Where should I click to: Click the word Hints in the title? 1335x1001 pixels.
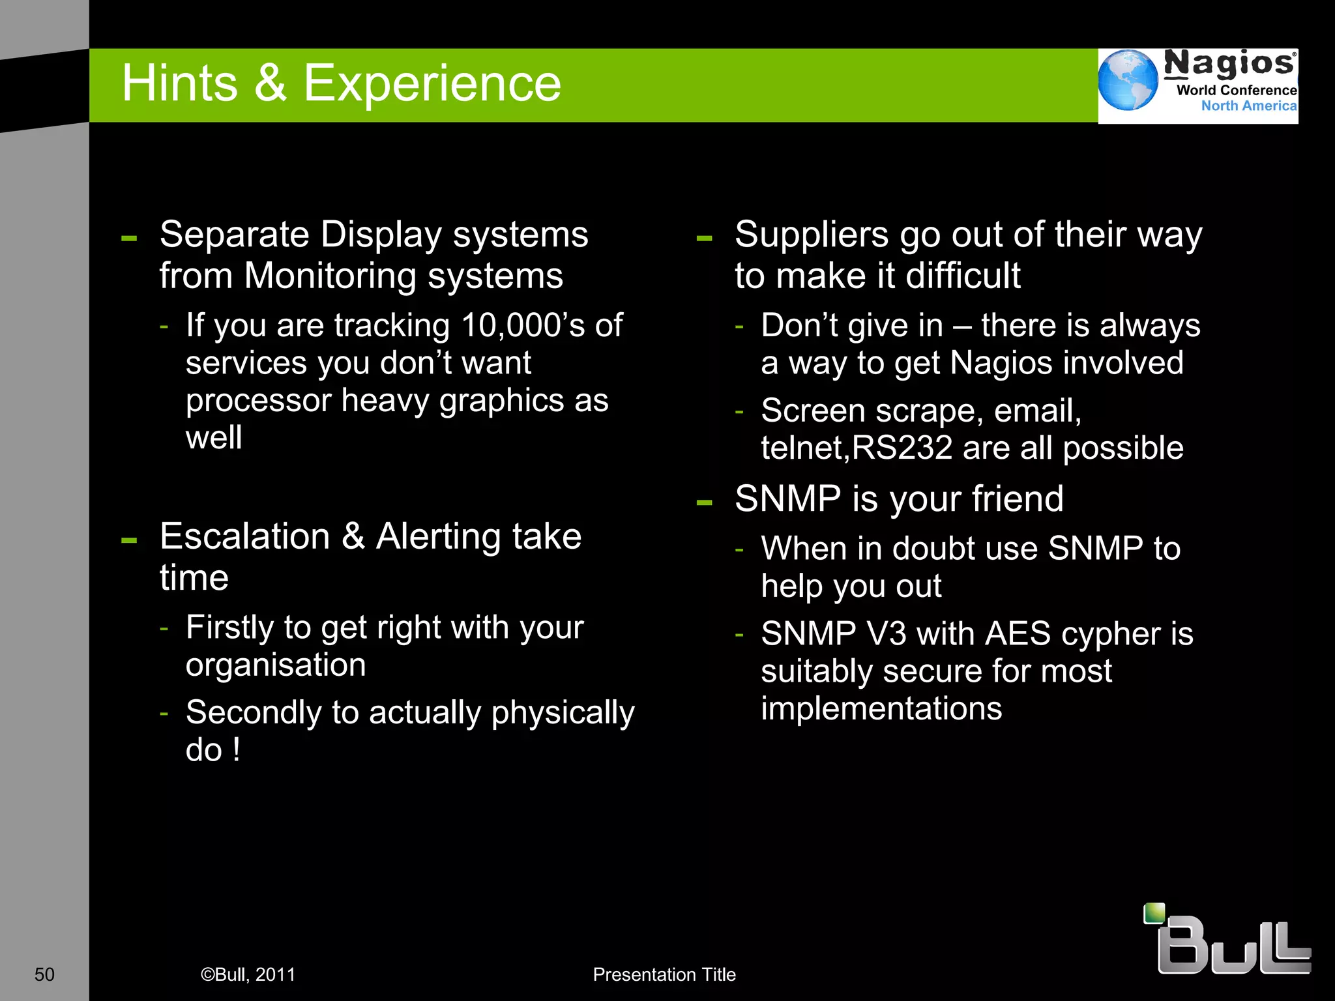(179, 83)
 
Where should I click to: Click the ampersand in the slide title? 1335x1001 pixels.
(270, 83)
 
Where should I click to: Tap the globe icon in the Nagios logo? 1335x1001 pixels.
(1127, 80)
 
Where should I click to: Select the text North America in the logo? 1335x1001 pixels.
(1248, 106)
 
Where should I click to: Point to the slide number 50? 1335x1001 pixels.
(44, 974)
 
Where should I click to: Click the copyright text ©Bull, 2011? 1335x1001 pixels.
(248, 974)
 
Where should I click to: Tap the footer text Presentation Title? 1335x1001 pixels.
(664, 974)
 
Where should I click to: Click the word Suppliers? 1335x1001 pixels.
(812, 235)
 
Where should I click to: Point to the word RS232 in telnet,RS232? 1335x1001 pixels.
(902, 448)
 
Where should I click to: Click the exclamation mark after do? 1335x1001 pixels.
(236, 749)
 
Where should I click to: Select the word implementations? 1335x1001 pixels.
(881, 708)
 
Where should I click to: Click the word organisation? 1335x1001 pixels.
(276, 665)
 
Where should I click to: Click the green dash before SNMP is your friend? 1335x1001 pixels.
(704, 502)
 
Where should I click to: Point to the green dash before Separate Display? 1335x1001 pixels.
(129, 239)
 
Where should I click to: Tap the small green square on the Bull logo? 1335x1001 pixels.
(1154, 913)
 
